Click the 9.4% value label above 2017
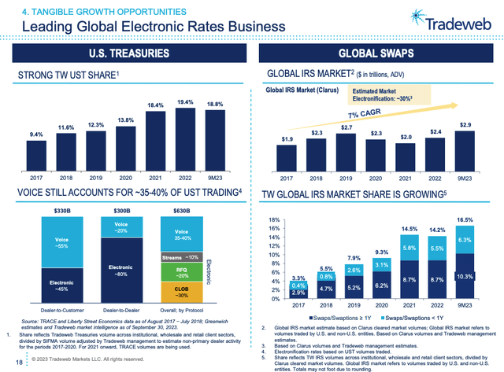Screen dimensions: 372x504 click(x=36, y=134)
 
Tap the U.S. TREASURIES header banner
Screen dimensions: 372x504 click(x=128, y=53)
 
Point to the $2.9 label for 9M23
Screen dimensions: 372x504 click(x=465, y=126)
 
